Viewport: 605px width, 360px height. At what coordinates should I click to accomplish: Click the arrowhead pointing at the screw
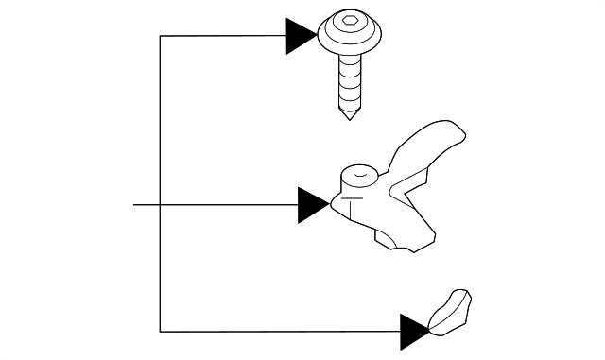(302, 36)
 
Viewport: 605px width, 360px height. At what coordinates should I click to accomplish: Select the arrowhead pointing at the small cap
(414, 331)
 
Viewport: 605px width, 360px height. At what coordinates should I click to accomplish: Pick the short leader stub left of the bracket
(146, 204)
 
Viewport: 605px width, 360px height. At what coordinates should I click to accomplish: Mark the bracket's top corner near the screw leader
(160, 36)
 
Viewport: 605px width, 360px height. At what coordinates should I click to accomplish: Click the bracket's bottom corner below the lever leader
(160, 331)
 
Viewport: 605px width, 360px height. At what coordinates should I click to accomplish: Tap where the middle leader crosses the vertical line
(160, 204)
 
